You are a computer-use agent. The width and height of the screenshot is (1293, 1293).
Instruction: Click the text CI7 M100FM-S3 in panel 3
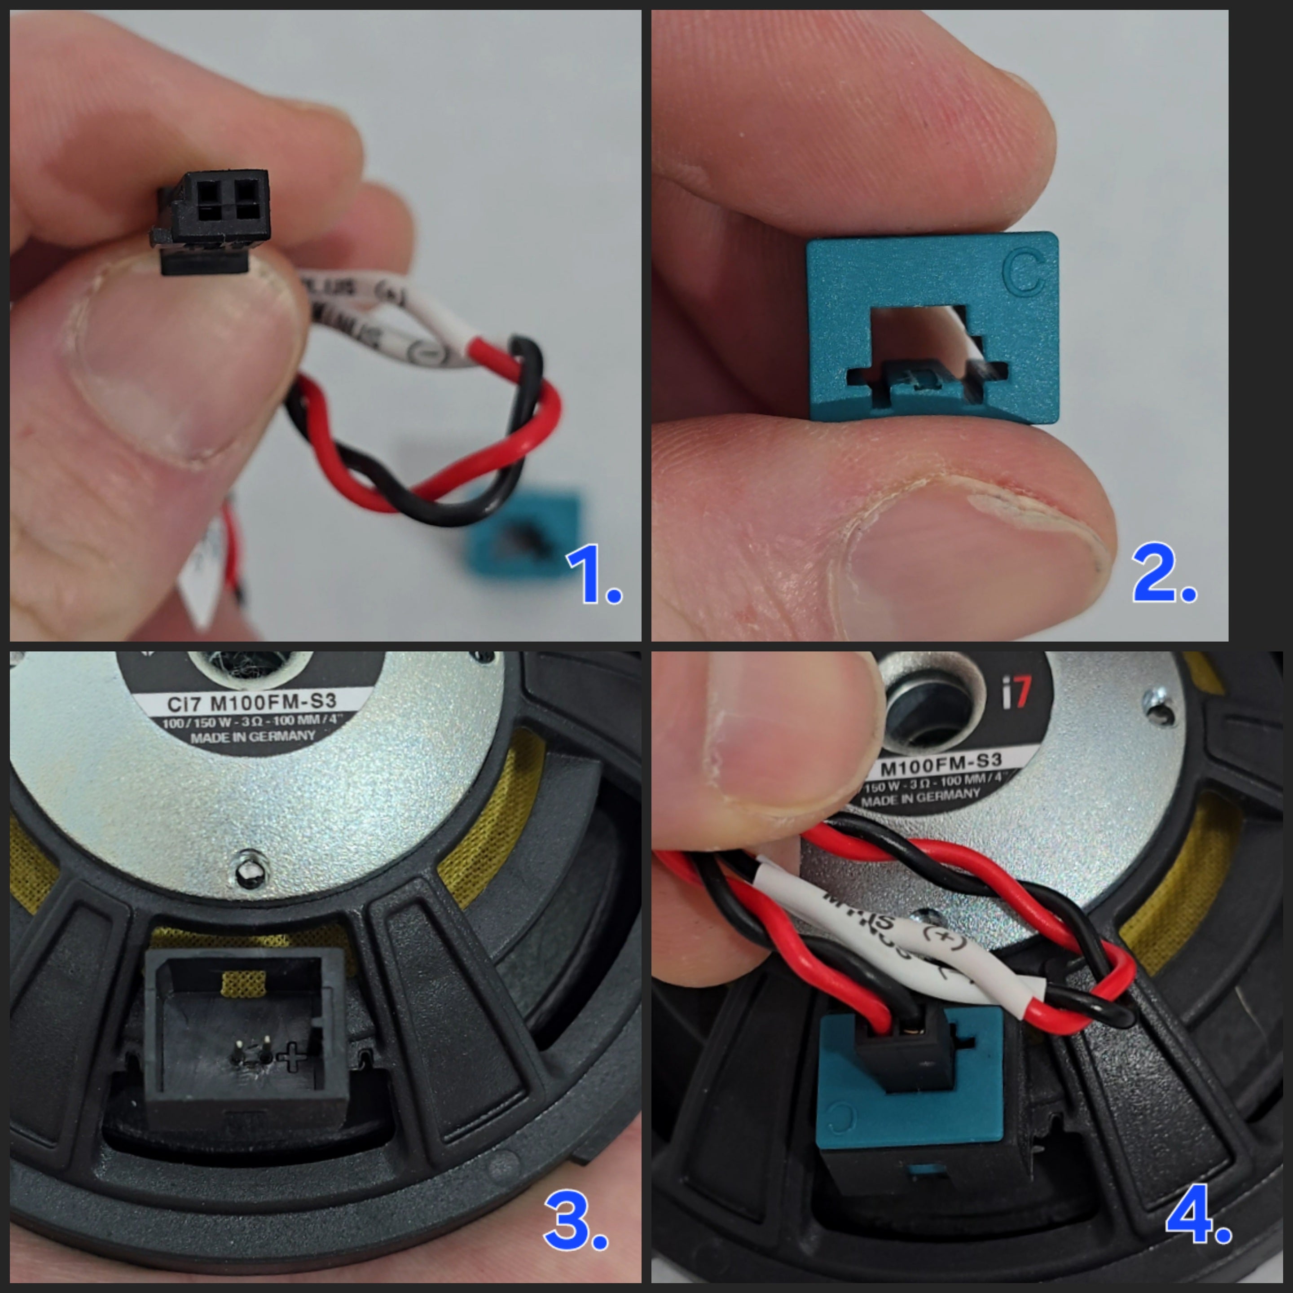pyautogui.click(x=251, y=703)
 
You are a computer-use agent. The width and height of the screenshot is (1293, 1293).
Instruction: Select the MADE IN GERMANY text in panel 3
pyautogui.click(x=252, y=737)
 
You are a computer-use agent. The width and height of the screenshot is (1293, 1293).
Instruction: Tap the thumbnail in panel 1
pyautogui.click(x=167, y=375)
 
